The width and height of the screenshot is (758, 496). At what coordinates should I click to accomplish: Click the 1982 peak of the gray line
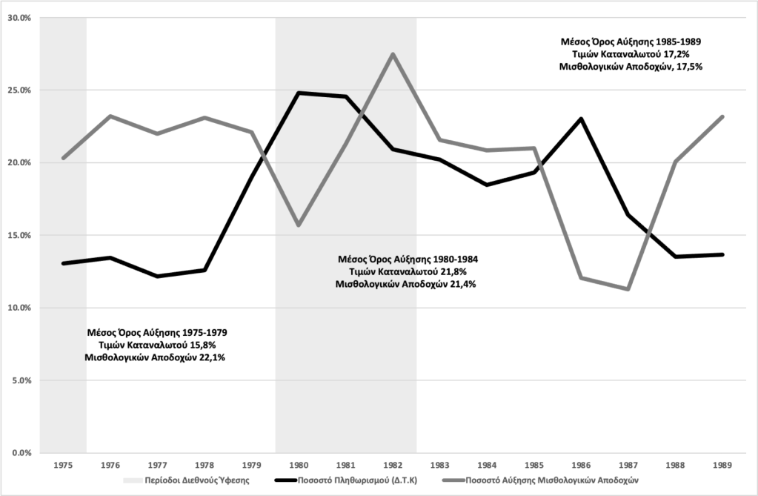393,53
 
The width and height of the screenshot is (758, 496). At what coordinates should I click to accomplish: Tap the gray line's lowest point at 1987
628,289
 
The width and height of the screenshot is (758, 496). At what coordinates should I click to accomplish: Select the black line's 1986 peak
581,119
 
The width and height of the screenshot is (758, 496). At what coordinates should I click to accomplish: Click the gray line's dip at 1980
299,225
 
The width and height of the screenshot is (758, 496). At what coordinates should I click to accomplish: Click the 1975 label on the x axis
63,465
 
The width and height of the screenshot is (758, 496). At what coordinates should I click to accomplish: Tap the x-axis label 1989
722,465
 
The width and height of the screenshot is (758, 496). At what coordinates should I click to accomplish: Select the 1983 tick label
440,465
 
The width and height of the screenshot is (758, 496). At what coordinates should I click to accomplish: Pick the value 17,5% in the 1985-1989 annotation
687,66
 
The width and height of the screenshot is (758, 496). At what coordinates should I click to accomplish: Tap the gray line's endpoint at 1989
722,116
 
